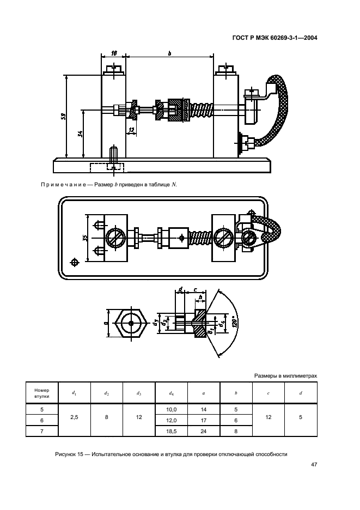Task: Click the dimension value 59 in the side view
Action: point(64,116)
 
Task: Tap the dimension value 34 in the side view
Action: point(80,133)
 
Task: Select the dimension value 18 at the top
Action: point(114,53)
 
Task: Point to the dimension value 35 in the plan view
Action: point(85,238)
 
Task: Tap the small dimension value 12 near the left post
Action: point(131,130)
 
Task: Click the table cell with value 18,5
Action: point(172,432)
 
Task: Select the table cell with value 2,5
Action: point(74,417)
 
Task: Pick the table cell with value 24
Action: point(204,432)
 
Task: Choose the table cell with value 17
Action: point(204,420)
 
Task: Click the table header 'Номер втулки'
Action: point(41,393)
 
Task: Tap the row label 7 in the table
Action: point(41,432)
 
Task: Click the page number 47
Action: point(314,464)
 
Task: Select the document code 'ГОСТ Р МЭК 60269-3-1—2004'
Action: point(275,38)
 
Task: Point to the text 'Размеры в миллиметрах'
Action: point(285,376)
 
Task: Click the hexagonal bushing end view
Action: point(131,323)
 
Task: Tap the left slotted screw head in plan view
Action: point(114,238)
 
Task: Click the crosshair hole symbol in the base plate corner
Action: point(75,262)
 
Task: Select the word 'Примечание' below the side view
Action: point(63,185)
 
